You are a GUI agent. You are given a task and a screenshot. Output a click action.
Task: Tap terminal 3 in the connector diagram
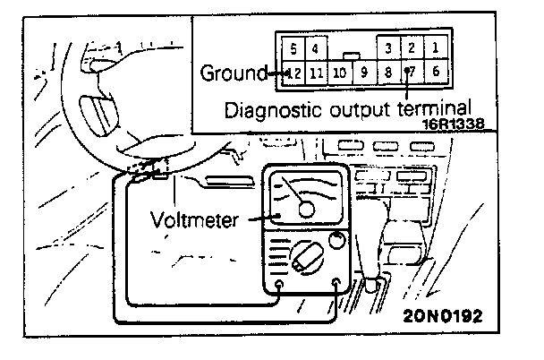tap(388, 47)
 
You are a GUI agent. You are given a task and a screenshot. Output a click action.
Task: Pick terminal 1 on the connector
tap(435, 47)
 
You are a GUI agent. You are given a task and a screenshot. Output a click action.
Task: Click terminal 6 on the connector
tap(435, 73)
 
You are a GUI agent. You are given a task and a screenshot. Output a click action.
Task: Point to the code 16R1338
tap(453, 125)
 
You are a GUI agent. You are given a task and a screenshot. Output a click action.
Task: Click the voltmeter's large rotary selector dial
tap(303, 258)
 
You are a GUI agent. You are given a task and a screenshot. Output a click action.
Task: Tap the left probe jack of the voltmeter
tap(280, 286)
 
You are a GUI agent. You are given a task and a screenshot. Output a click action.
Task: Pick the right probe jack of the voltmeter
tap(337, 286)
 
